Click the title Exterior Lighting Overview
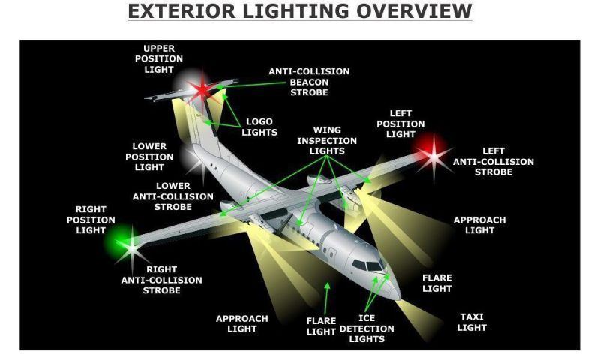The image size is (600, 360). [300, 11]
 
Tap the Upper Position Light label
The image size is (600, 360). [158, 59]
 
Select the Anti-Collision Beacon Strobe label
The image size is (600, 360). [309, 82]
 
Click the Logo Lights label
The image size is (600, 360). [259, 127]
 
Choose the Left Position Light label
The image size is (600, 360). [400, 124]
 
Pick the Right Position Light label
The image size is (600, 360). [95, 220]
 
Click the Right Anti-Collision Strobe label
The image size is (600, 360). [161, 280]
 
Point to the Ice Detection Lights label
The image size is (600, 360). [366, 328]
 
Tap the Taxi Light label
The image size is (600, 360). [472, 322]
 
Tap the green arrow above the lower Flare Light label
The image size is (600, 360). [327, 292]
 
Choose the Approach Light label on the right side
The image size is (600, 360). [479, 225]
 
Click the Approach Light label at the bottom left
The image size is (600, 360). [241, 323]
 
